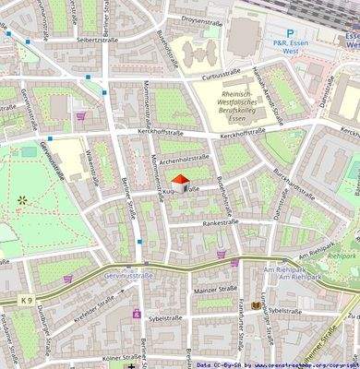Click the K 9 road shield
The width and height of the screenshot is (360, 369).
pyautogui.click(x=22, y=300)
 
